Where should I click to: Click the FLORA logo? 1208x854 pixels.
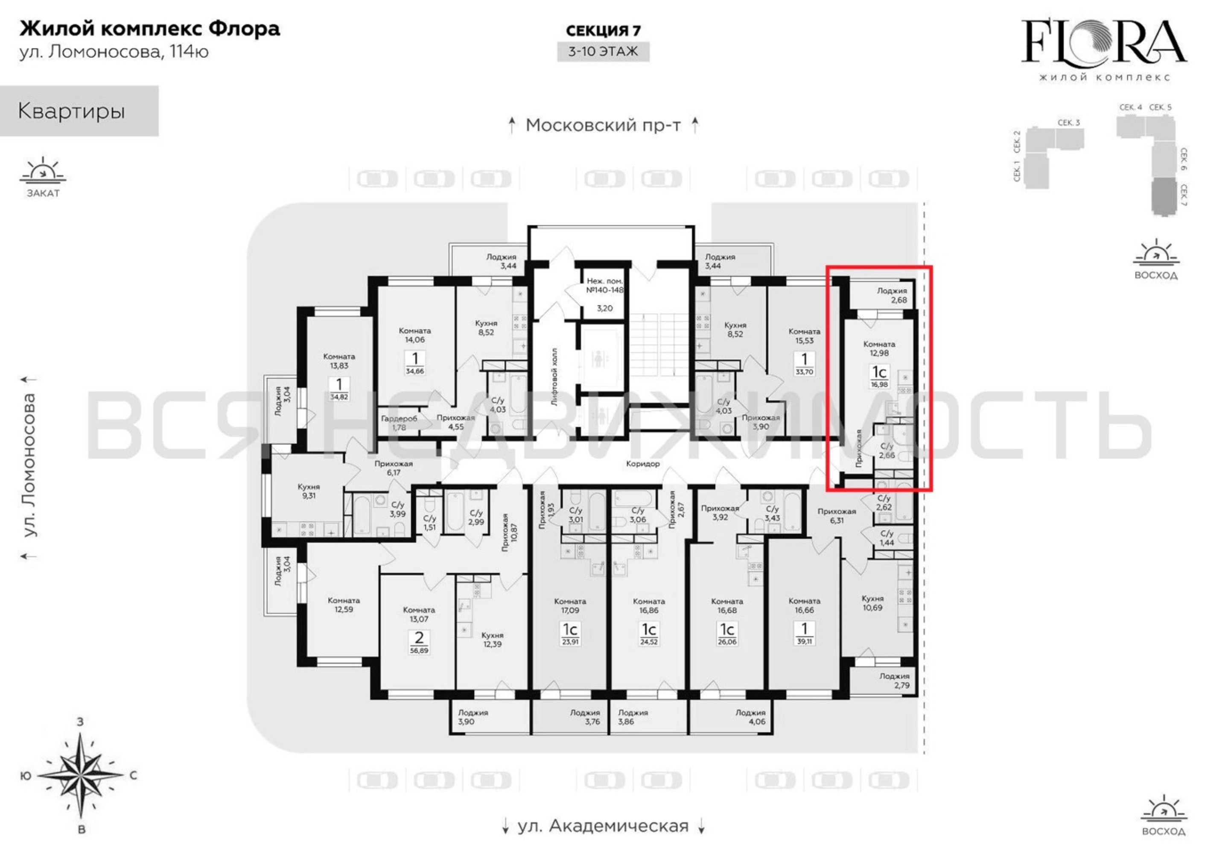click(x=1103, y=50)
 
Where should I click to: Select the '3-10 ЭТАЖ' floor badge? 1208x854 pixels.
click(x=603, y=52)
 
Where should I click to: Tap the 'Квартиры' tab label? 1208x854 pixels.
click(x=72, y=111)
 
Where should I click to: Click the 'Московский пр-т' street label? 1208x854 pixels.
click(x=603, y=125)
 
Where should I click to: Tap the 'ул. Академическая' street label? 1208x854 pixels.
click(x=603, y=826)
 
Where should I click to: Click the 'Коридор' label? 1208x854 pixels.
click(x=642, y=464)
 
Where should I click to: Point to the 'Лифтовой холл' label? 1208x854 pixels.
click(x=554, y=376)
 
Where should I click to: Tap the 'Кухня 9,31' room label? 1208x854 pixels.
click(x=309, y=491)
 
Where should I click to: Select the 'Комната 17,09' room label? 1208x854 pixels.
click(x=570, y=605)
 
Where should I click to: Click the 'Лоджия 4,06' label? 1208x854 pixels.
click(x=751, y=717)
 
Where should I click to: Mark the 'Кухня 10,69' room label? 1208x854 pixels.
click(x=872, y=602)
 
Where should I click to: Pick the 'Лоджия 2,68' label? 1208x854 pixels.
click(x=892, y=295)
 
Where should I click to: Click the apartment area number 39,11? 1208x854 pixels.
click(x=804, y=642)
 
